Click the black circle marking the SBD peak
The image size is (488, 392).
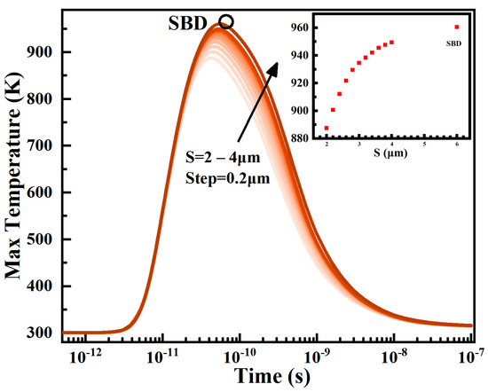click(226, 22)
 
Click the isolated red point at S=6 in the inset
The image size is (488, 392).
click(457, 27)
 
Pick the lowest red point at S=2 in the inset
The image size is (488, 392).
click(327, 128)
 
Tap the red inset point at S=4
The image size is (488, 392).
click(391, 42)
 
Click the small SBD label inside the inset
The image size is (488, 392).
click(456, 41)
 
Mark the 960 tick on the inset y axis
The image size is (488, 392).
click(307, 27)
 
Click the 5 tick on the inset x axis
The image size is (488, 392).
click(425, 145)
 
